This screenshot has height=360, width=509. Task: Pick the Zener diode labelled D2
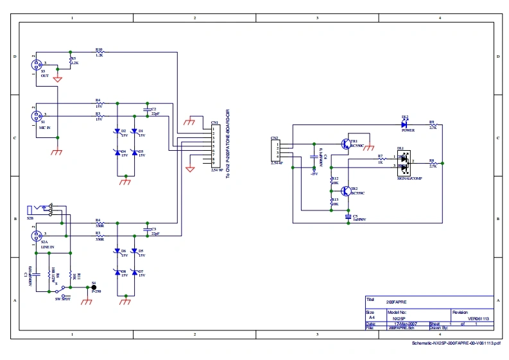pyautogui.click(x=117, y=131)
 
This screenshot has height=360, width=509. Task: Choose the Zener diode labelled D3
pyautogui.click(x=134, y=152)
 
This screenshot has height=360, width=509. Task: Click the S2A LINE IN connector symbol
pyautogui.click(x=36, y=236)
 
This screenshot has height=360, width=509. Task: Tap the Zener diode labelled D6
pyautogui.click(x=117, y=251)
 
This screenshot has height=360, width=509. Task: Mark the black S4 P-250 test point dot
pyautogui.click(x=94, y=288)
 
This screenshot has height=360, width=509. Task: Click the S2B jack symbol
pyautogui.click(x=45, y=210)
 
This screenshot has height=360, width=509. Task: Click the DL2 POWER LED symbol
pyautogui.click(x=404, y=124)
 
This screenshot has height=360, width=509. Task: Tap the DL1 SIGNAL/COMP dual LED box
pyautogui.click(x=403, y=162)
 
